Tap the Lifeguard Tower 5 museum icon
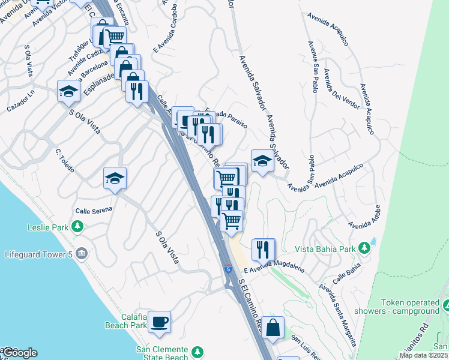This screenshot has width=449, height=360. (82, 253)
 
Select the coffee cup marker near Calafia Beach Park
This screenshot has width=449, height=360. (159, 321)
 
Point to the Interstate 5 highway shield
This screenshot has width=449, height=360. (228, 269)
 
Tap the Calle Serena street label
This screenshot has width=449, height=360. (94, 211)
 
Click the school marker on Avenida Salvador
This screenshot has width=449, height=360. (262, 160)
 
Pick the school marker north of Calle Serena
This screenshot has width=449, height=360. (115, 178)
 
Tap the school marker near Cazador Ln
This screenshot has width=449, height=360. (68, 91)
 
